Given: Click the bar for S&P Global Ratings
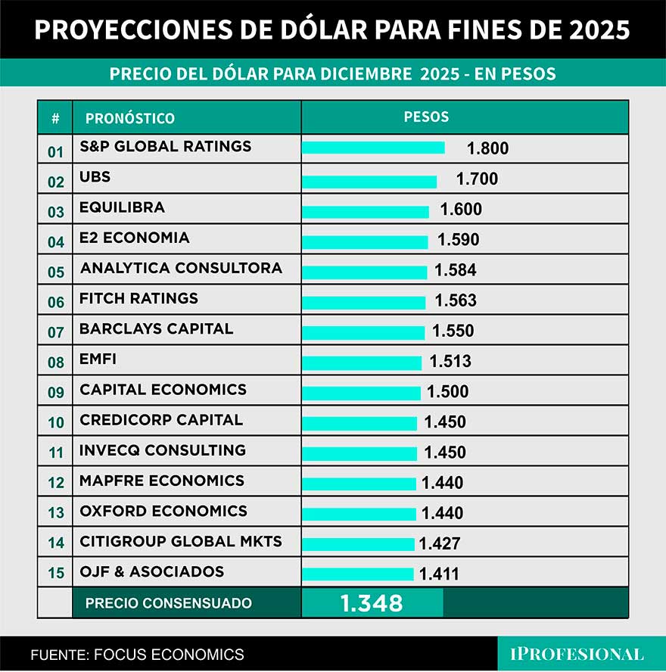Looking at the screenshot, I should [372, 148].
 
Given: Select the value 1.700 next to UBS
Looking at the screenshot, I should [477, 179].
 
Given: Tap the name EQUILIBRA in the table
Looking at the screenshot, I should [122, 207].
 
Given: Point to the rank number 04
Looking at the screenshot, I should [56, 242].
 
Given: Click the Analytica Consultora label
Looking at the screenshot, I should [181, 268].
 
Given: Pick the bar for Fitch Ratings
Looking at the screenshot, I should [363, 303].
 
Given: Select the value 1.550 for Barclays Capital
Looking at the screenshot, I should [453, 331].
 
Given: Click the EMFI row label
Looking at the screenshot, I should [98, 359].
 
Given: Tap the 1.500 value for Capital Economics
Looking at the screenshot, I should [447, 391].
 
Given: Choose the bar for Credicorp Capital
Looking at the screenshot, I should [359, 423].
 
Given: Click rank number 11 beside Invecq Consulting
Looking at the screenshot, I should [56, 454].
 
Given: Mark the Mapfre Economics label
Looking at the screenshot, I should [162, 481].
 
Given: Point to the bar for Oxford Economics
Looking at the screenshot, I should [359, 514].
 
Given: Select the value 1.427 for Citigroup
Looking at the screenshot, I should [439, 543].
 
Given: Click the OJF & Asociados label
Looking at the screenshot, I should [151, 571].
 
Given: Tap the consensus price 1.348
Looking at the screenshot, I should [371, 603].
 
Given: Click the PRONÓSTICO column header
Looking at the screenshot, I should [129, 118].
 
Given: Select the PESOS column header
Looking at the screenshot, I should [426, 117].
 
